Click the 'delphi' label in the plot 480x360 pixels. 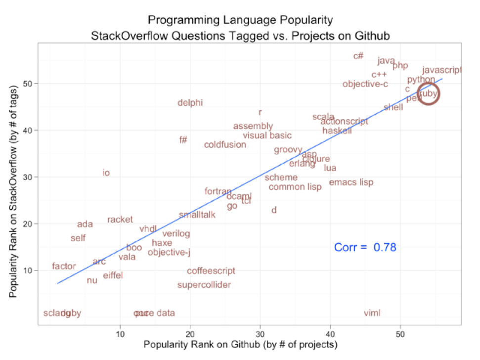pos(190,103)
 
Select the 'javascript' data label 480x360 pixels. pos(442,70)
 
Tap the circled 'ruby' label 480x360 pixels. pos(428,93)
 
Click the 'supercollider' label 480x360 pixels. pos(204,285)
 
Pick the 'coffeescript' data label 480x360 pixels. pos(211,271)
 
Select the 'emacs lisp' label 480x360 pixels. pos(351,182)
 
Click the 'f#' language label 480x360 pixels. pos(183,140)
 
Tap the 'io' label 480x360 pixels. pos(106,173)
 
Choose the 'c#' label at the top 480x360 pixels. pos(358,56)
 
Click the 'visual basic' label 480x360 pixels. pos(267,135)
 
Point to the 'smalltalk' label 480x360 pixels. pos(197,215)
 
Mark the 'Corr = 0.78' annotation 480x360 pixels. pos(365,247)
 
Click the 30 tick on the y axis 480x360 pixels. pos(29,177)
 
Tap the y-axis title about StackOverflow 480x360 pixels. pos(13,191)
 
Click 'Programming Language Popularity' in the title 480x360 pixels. pos(240,20)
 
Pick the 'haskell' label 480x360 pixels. pos(337,131)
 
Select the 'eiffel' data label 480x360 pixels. pos(113,275)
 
